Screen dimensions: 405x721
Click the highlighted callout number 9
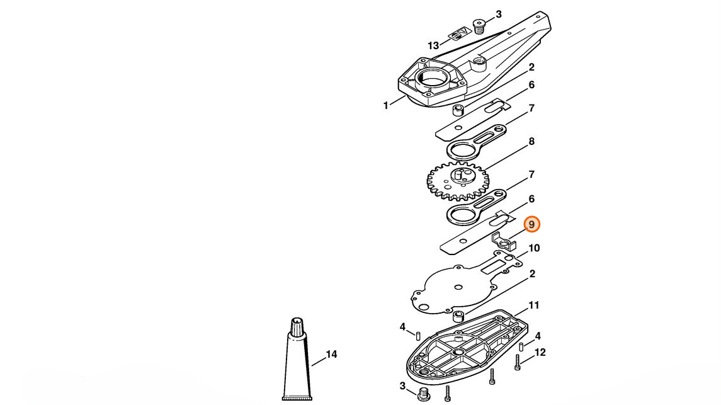point(531,225)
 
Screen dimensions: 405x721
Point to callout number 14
point(331,355)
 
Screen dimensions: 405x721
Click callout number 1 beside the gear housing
point(386,106)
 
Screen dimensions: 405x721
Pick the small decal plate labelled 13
point(460,32)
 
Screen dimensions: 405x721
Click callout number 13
point(433,45)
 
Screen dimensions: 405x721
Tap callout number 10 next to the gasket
point(533,248)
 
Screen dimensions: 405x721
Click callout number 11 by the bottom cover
point(533,305)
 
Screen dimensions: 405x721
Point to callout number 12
point(540,352)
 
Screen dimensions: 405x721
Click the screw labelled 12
point(518,363)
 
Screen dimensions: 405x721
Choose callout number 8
point(531,142)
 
